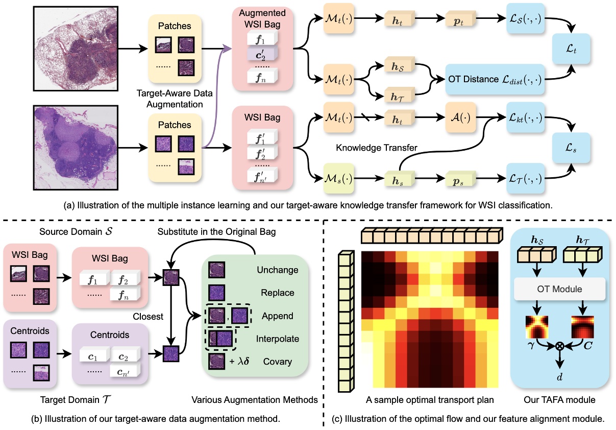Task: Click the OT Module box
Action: tap(560, 290)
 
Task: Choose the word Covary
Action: tap(278, 362)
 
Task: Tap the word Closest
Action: tap(149, 317)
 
